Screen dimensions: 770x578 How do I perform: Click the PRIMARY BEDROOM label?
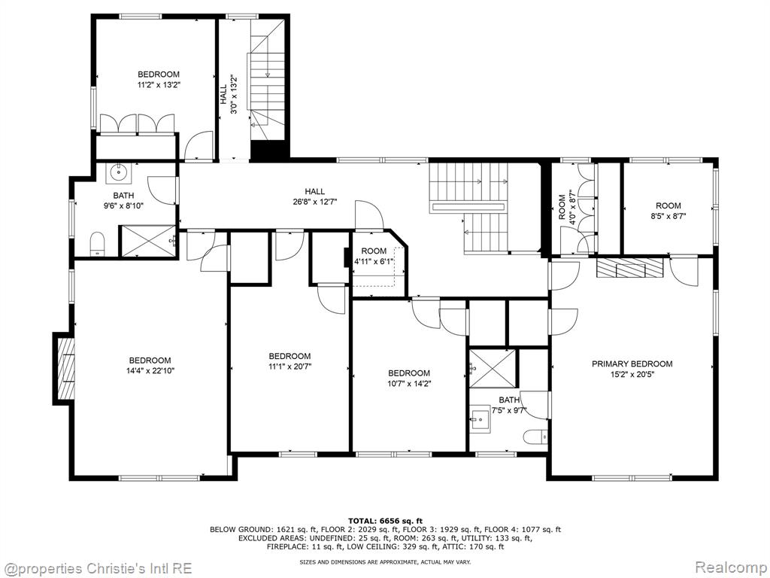[632, 364]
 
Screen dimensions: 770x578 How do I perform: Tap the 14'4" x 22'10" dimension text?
[150, 370]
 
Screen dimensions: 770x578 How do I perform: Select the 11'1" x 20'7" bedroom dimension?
[290, 367]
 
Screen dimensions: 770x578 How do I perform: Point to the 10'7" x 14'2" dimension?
[409, 383]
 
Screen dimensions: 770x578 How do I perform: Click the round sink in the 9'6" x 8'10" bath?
[118, 172]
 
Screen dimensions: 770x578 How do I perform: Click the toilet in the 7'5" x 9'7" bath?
[535, 436]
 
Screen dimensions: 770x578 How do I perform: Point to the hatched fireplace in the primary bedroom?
[629, 269]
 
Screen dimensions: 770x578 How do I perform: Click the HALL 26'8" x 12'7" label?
[314, 196]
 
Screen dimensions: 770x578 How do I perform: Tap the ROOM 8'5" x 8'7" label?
[668, 211]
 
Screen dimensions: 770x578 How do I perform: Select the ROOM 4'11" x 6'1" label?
[374, 256]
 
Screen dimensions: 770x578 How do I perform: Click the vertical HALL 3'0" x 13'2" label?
[229, 94]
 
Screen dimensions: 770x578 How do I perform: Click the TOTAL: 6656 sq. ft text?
[385, 521]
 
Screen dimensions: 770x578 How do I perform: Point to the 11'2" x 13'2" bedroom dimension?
[158, 84]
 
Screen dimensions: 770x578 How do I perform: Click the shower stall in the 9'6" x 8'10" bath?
[148, 241]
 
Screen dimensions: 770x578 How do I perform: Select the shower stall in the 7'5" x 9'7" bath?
[493, 367]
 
